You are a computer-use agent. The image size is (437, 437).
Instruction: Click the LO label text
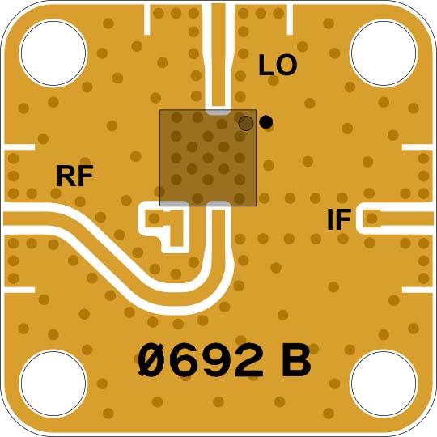278,66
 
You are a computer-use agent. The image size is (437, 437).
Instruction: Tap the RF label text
74,176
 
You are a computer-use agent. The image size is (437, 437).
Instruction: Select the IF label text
338,219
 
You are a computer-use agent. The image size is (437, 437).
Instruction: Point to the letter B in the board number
296,361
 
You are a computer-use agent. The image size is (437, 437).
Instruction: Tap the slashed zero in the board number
153,361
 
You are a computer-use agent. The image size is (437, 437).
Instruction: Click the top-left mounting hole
53,53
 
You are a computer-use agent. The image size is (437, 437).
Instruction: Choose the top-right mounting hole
384,53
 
